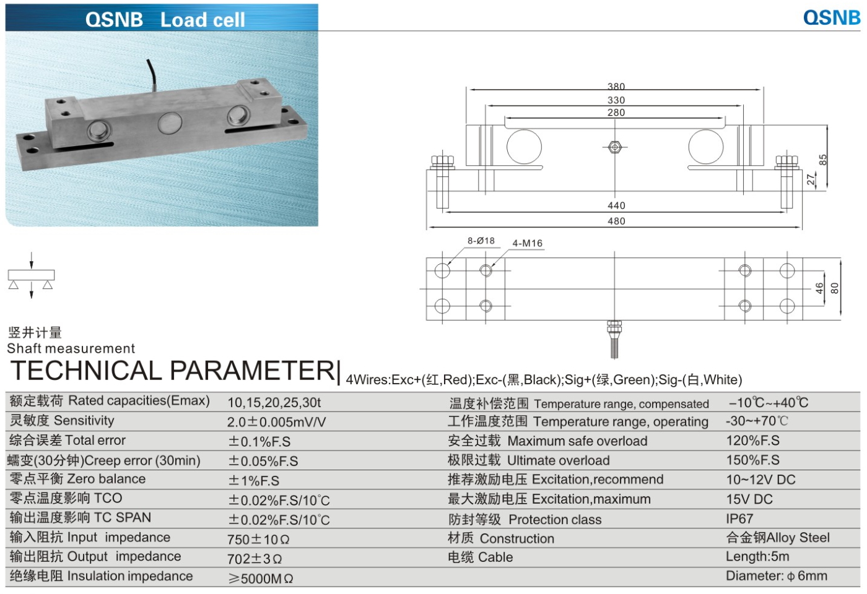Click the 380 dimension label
[x=616, y=87]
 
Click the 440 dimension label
[x=616, y=205]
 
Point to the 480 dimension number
[x=616, y=221]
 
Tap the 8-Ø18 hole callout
[x=481, y=241]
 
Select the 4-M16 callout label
[x=527, y=243]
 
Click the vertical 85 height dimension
[x=822, y=160]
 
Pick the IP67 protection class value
[x=739, y=519]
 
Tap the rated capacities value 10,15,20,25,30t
[x=274, y=403]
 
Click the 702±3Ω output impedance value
[x=254, y=559]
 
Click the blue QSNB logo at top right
[x=831, y=17]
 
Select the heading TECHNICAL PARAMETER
[x=173, y=371]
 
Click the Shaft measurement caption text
[x=71, y=348]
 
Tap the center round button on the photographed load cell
[x=168, y=123]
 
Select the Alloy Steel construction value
[x=778, y=537]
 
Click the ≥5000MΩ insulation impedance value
[x=260, y=579]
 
